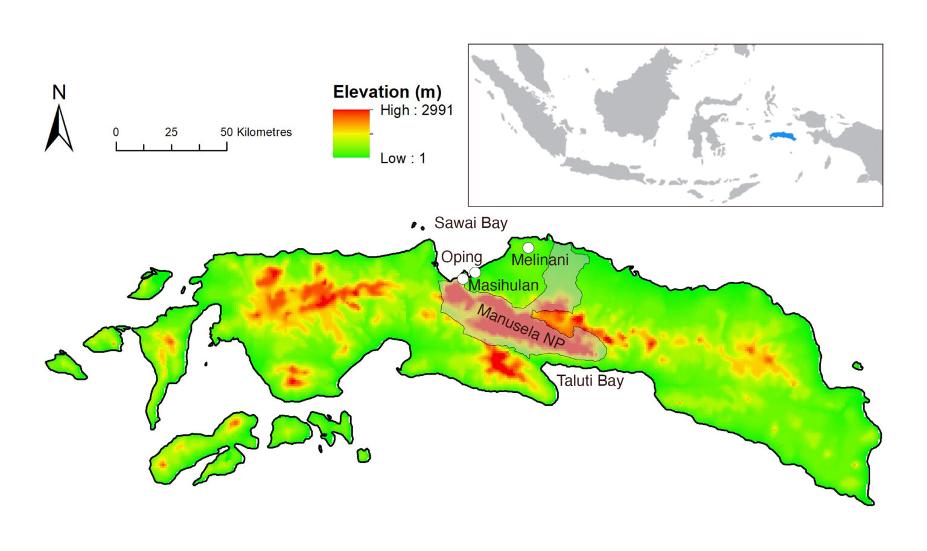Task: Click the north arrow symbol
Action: (x=59, y=129)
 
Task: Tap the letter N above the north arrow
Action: (x=59, y=92)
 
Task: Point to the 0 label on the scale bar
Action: (x=116, y=132)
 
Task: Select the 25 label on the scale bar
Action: (x=171, y=132)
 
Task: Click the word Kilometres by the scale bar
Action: (x=264, y=132)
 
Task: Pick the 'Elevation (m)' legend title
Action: (x=387, y=92)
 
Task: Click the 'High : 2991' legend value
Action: (x=416, y=110)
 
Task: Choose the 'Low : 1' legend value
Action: (x=403, y=158)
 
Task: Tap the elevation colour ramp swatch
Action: (x=351, y=133)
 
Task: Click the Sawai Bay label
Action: (x=471, y=223)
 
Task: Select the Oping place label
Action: (x=461, y=256)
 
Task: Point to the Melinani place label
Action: (x=540, y=260)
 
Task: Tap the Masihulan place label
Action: (x=503, y=285)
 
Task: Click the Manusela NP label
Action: (x=521, y=326)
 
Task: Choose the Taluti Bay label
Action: (x=590, y=381)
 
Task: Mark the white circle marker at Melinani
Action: (x=528, y=247)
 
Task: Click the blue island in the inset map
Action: (x=783, y=136)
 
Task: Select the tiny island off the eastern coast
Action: (x=857, y=366)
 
